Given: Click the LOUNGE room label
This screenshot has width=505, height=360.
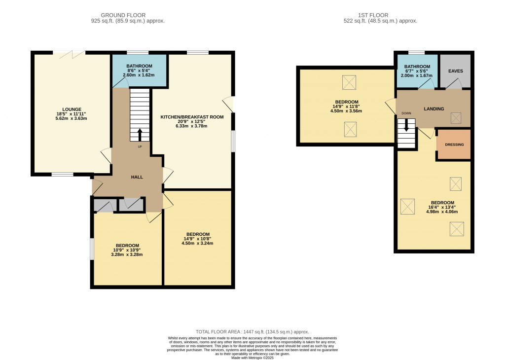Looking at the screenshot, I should [72, 109].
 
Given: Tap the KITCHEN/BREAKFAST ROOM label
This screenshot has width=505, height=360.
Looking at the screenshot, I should [192, 117].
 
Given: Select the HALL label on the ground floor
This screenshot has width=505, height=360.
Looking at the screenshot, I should [137, 177].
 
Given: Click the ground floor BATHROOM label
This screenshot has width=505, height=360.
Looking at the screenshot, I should [139, 66].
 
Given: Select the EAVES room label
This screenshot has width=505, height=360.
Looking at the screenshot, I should [455, 71].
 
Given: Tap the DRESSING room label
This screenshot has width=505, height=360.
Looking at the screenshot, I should [454, 145].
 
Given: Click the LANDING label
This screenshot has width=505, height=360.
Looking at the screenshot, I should [434, 109].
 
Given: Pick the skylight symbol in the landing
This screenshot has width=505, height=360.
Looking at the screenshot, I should [456, 117].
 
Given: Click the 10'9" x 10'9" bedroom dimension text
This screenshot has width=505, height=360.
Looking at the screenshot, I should [127, 250].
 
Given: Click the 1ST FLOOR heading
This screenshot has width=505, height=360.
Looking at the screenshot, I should [380, 15].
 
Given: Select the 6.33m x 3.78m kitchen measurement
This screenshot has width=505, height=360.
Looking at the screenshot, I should [192, 126].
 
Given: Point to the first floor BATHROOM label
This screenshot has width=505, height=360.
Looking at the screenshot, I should [418, 67].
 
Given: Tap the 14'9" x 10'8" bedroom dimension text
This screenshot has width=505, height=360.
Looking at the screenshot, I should [198, 239].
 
